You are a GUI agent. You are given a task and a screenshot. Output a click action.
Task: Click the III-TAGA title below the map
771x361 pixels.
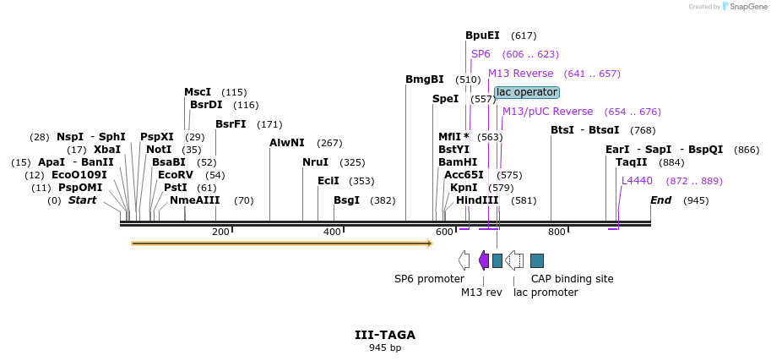click(384, 335)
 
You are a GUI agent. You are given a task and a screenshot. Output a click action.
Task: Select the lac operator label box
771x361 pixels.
click(526, 92)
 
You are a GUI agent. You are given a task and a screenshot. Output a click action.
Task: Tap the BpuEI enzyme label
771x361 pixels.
click(482, 36)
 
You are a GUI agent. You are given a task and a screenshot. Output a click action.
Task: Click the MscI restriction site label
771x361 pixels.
click(198, 92)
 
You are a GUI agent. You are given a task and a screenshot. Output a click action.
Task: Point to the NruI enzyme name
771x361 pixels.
click(316, 162)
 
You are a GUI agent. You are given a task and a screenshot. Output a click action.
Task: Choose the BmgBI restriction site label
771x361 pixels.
click(424, 79)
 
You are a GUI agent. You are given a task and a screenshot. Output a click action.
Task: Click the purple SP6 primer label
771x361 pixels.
click(481, 54)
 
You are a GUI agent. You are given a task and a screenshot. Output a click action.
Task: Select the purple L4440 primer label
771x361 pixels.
click(637, 181)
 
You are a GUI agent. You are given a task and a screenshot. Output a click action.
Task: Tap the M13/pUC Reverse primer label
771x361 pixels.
click(547, 112)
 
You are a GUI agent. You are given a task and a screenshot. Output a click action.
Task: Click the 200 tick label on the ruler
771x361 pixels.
click(220, 232)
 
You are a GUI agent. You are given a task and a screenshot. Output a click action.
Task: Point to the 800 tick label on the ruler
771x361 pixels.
click(556, 232)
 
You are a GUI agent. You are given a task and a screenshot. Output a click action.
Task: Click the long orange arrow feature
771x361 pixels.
click(282, 243)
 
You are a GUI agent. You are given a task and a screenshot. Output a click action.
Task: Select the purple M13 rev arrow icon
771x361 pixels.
click(484, 260)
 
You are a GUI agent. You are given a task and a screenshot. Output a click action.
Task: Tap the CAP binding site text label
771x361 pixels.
click(572, 279)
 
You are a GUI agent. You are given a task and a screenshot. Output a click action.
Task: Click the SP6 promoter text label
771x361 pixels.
click(429, 279)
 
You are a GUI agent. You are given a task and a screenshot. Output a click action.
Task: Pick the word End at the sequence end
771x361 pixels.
click(660, 200)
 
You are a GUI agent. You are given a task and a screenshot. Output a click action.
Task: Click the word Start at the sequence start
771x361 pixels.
click(82, 200)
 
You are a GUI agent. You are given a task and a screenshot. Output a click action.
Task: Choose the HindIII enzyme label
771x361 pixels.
click(477, 200)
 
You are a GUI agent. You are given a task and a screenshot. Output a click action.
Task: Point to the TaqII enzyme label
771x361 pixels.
click(631, 162)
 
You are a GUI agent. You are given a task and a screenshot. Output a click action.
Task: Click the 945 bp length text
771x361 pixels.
click(384, 348)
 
